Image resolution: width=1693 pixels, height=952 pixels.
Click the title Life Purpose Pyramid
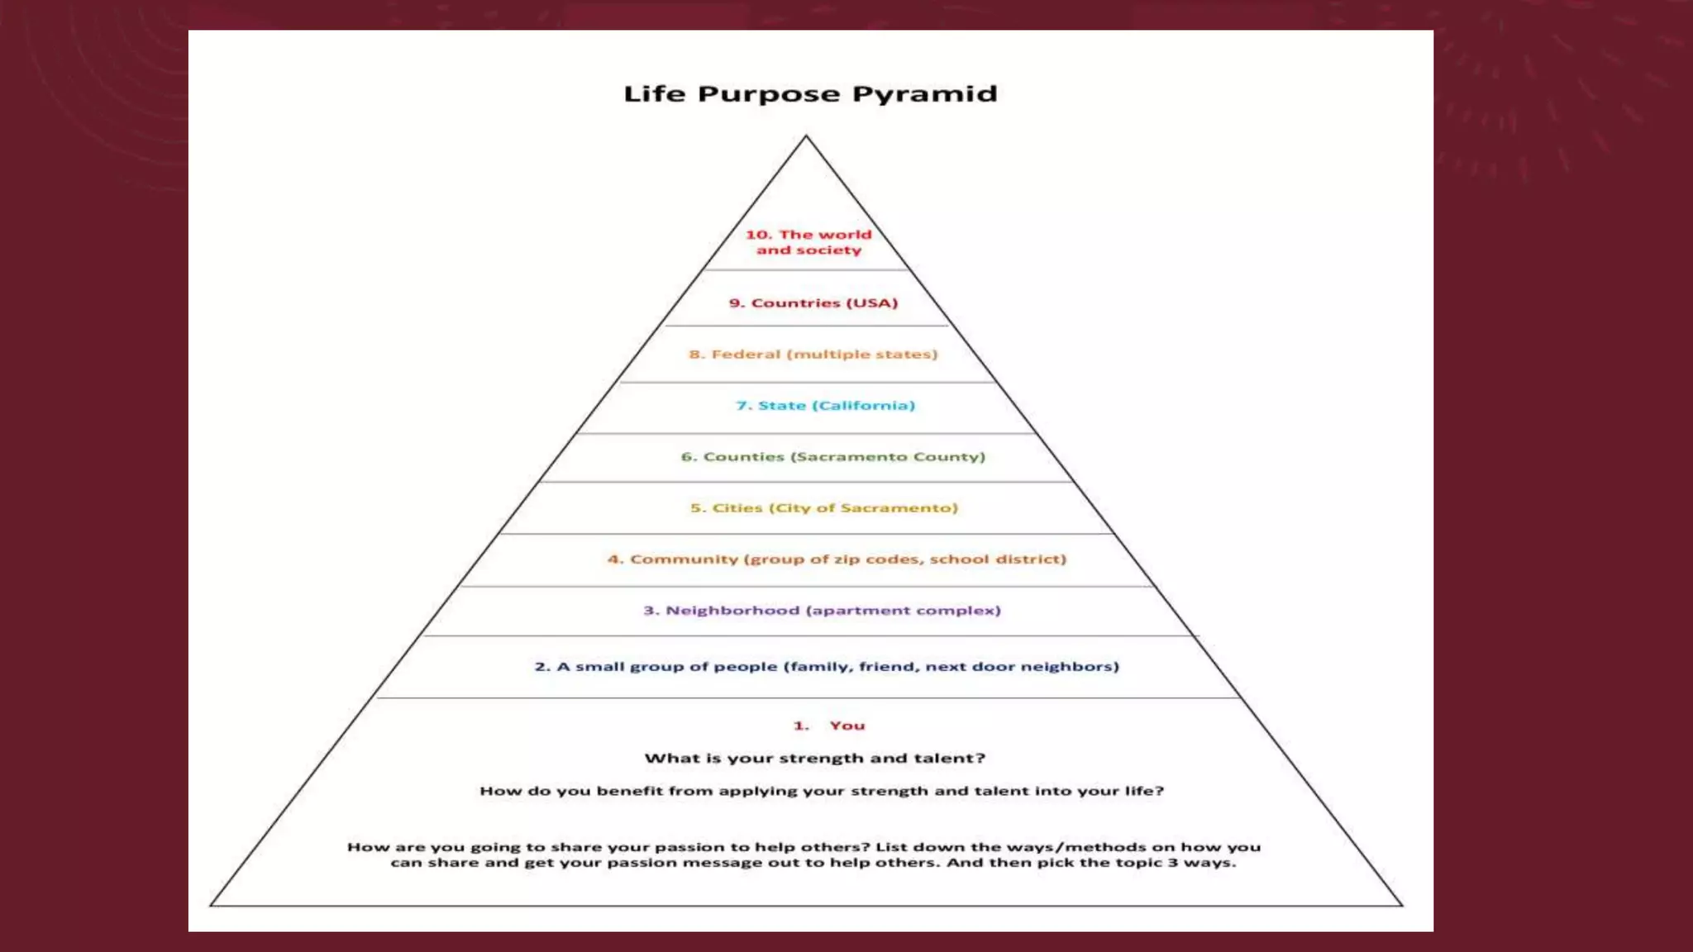click(810, 94)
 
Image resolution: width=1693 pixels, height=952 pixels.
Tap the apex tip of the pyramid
click(806, 136)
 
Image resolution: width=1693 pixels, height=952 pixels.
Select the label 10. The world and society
click(808, 242)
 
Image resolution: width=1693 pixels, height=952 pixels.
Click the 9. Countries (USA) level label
click(813, 303)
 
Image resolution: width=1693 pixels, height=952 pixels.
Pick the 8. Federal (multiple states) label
click(813, 355)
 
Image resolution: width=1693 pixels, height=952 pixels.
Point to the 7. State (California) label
click(825, 406)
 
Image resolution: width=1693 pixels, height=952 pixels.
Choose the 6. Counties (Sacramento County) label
click(833, 457)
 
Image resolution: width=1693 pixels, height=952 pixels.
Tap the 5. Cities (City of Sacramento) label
click(824, 508)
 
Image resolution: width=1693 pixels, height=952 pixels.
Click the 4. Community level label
click(837, 559)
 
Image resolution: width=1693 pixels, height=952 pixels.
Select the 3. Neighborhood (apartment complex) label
click(823, 611)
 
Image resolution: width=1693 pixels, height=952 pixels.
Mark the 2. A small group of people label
click(827, 667)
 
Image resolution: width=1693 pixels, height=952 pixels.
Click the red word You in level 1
click(847, 726)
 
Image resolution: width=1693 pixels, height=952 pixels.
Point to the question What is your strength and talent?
click(815, 759)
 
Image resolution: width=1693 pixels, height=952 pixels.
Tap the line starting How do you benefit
click(822, 791)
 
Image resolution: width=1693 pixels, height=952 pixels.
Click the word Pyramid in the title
click(924, 94)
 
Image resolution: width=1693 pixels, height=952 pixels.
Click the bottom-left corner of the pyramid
click(212, 905)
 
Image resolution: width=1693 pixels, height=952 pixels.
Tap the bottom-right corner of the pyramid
click(1402, 905)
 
